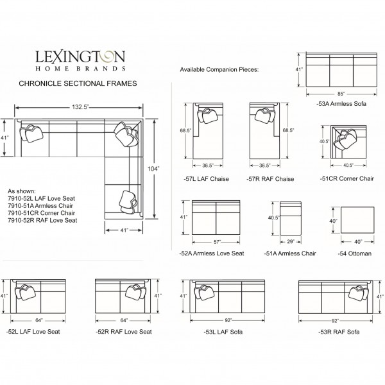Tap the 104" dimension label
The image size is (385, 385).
pyautogui.click(x=153, y=169)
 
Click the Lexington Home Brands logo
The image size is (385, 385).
pyautogui.click(x=81, y=61)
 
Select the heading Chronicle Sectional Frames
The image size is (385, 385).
pyautogui.click(x=78, y=83)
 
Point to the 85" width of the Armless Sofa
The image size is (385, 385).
pyautogui.click(x=341, y=94)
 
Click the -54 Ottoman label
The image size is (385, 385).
pyautogui.click(x=355, y=253)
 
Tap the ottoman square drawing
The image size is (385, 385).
pyautogui.click(x=357, y=219)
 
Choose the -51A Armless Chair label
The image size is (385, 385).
pyautogui.click(x=290, y=253)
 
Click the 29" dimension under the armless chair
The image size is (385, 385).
pyautogui.click(x=291, y=242)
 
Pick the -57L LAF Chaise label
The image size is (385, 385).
pyautogui.click(x=206, y=179)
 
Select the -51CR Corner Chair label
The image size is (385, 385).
pyautogui.click(x=346, y=179)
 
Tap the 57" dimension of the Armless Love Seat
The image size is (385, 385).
pyautogui.click(x=217, y=242)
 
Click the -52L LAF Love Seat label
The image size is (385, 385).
pyautogui.click(x=33, y=332)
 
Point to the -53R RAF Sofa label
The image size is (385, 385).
pyautogui.click(x=339, y=332)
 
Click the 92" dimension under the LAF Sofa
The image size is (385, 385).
pyautogui.click(x=228, y=320)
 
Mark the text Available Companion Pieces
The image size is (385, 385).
pyautogui.click(x=219, y=69)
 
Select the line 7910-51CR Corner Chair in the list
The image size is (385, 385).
pyautogui.click(x=41, y=213)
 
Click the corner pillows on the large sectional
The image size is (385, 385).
pyautogui.click(x=126, y=135)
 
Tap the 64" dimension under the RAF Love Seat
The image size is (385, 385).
pyautogui.click(x=124, y=320)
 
